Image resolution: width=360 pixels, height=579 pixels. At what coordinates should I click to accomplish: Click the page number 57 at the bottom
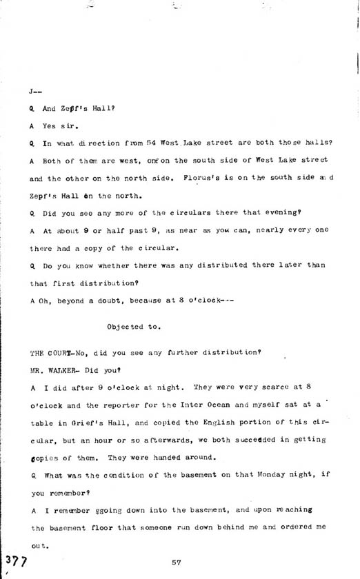177,562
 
